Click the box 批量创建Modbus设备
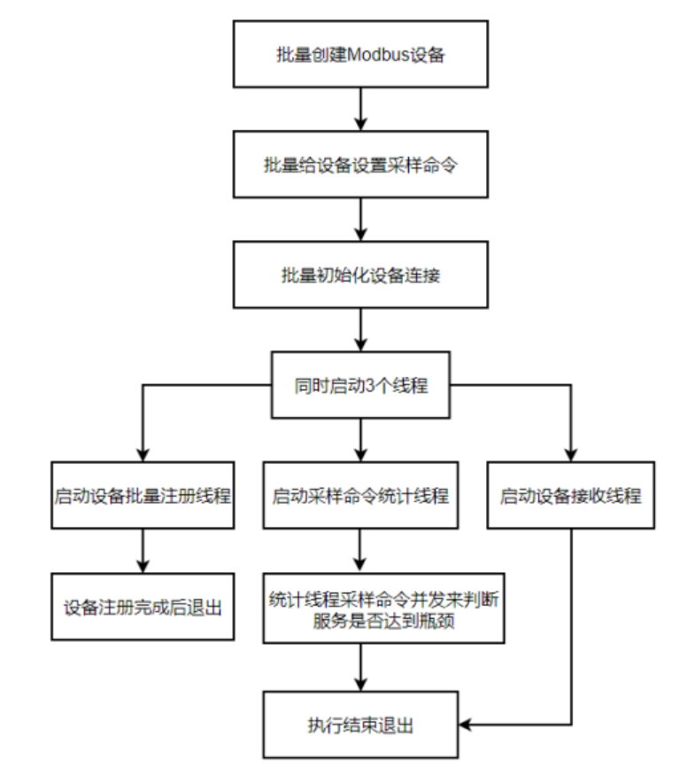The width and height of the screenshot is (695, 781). [359, 55]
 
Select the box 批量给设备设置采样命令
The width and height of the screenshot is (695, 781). [359, 165]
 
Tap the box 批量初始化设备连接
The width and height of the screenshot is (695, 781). [359, 275]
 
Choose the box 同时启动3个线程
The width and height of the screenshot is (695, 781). [360, 385]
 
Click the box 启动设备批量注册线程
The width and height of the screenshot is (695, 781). [143, 495]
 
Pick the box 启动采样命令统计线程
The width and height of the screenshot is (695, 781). [360, 495]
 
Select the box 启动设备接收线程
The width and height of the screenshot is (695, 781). [570, 495]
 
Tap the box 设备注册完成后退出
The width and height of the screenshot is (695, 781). [143, 607]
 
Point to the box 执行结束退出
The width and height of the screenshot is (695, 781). [360, 726]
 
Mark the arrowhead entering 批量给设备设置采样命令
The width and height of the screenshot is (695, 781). [359, 125]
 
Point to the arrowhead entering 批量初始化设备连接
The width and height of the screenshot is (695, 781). [359, 235]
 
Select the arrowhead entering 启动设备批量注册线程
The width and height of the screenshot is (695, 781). [143, 454]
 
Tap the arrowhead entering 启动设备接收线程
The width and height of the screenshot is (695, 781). [570, 454]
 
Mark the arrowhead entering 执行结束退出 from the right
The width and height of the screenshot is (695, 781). [464, 726]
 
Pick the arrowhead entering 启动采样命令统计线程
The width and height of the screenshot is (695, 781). [360, 454]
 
